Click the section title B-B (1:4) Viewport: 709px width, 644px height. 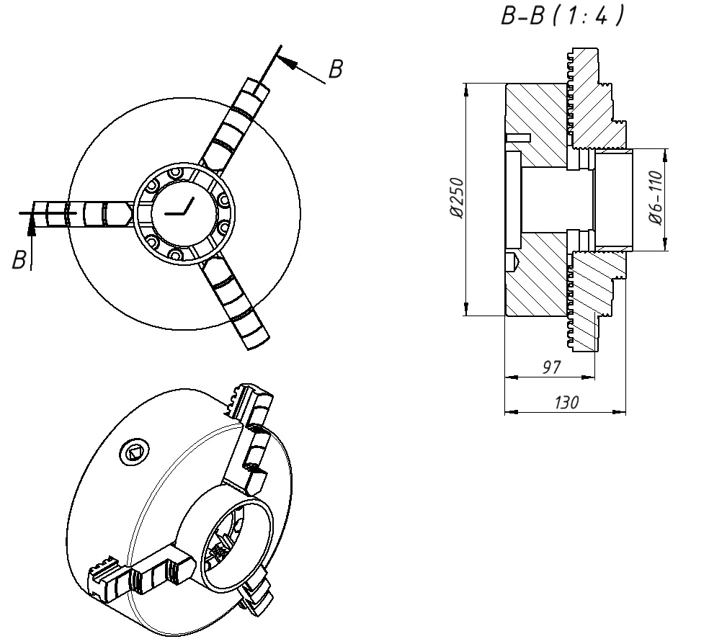click(x=562, y=15)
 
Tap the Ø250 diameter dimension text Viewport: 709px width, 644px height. click(x=457, y=198)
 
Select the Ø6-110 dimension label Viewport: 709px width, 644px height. click(x=656, y=197)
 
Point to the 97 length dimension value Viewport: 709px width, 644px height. click(x=551, y=367)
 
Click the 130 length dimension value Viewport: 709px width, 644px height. click(x=566, y=402)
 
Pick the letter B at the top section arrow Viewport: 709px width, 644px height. click(x=336, y=69)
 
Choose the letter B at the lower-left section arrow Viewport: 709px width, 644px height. click(x=19, y=260)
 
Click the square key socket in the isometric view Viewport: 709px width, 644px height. click(x=134, y=452)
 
